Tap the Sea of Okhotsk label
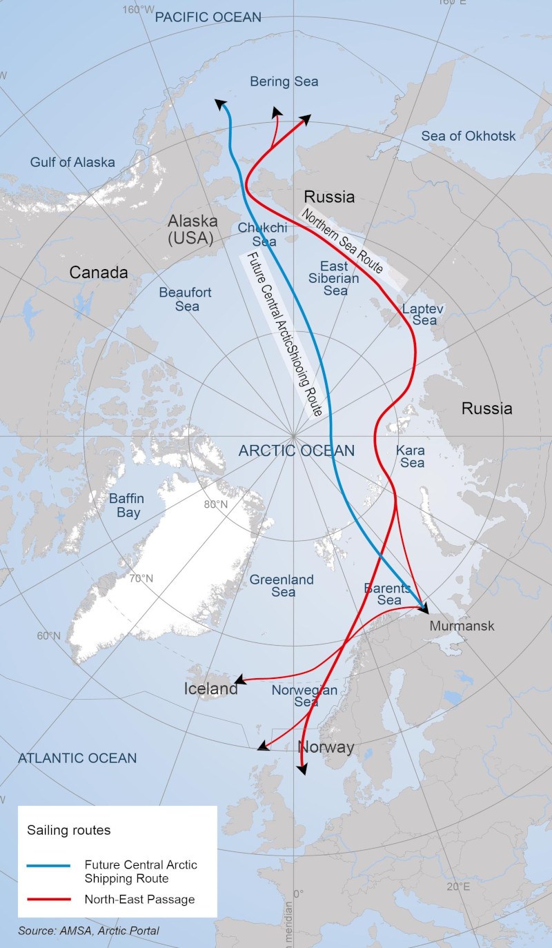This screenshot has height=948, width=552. coord(469,136)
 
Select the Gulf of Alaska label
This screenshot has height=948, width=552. coord(72,163)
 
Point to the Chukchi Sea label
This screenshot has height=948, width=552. coord(257,235)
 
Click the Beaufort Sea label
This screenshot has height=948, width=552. coord(185,299)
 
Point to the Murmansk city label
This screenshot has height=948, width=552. coord(462,626)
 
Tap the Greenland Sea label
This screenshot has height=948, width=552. coord(282,586)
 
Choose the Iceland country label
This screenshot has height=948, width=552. coord(210,689)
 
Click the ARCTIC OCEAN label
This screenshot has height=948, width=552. coord(297,451)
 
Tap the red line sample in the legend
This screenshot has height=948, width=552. coord(48,899)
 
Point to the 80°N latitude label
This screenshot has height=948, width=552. coord(216,504)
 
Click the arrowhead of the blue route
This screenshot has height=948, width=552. coord(221,103)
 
